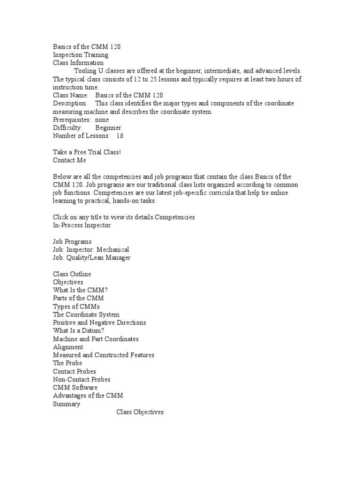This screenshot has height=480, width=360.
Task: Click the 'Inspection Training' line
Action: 81,54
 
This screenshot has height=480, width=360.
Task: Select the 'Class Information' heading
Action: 78,62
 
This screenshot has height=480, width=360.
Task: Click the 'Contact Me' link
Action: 69,160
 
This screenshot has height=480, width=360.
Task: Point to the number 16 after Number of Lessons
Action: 120,135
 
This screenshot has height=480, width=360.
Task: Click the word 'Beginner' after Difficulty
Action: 108,127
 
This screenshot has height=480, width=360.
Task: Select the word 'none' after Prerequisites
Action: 102,120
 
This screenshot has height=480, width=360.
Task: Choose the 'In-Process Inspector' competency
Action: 82,225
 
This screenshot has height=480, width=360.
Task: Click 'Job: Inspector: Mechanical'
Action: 91,249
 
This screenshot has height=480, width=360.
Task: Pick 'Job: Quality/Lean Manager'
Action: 92,257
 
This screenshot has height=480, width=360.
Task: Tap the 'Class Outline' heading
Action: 72,274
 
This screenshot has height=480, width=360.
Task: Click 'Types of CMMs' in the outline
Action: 76,306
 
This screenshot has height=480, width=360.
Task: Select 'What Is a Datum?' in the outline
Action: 79,330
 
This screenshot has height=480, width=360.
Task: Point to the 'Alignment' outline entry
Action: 68,347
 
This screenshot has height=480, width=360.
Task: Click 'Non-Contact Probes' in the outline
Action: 82,379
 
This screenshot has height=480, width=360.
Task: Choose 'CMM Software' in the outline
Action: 75,388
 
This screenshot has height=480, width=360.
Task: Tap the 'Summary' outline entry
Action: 67,404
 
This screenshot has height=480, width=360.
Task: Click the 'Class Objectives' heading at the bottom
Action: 140,412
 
